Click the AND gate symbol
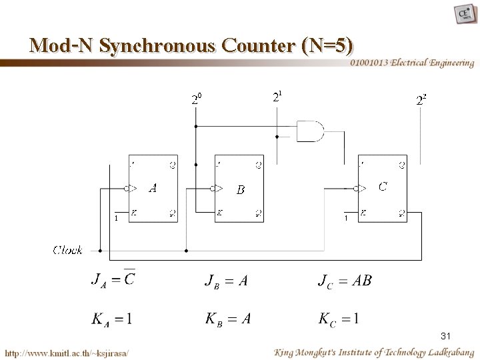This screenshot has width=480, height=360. coord(309,131)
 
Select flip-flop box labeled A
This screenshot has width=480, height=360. coord(153,189)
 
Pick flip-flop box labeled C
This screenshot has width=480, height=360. coord(382,189)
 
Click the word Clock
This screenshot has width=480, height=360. coord(68,251)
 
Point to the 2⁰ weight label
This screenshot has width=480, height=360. coord(196,101)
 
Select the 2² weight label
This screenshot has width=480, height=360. coord(421,101)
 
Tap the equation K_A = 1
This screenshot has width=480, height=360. coord(111,319)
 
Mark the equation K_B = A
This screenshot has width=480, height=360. coord(228,319)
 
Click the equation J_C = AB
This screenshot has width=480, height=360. coord(344,281)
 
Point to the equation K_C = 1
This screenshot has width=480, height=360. coord(339,319)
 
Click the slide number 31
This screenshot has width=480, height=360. coord(447,336)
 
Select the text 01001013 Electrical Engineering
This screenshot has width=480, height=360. coord(411,63)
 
